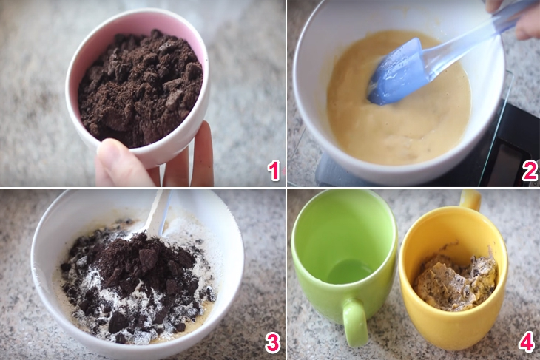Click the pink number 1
point(274,171)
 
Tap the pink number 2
point(530,171)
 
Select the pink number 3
point(272,342)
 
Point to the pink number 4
point(527,342)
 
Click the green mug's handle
point(355,322)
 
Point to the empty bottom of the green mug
point(348,272)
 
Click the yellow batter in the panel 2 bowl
point(399,120)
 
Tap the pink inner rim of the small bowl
point(138,26)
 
